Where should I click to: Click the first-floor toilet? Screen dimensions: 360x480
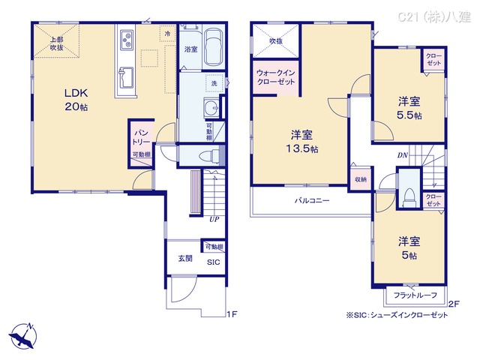pyautogui.click(x=214, y=155)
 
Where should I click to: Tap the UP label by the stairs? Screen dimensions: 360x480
pyautogui.click(x=214, y=220)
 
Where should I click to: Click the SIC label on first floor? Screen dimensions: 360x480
pyautogui.click(x=213, y=262)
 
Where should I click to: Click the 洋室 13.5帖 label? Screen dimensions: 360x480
pyautogui.click(x=302, y=141)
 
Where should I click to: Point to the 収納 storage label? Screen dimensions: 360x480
pyautogui.click(x=360, y=180)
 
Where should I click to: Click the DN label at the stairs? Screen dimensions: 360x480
pyautogui.click(x=403, y=155)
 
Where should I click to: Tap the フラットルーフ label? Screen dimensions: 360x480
pyautogui.click(x=415, y=295)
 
